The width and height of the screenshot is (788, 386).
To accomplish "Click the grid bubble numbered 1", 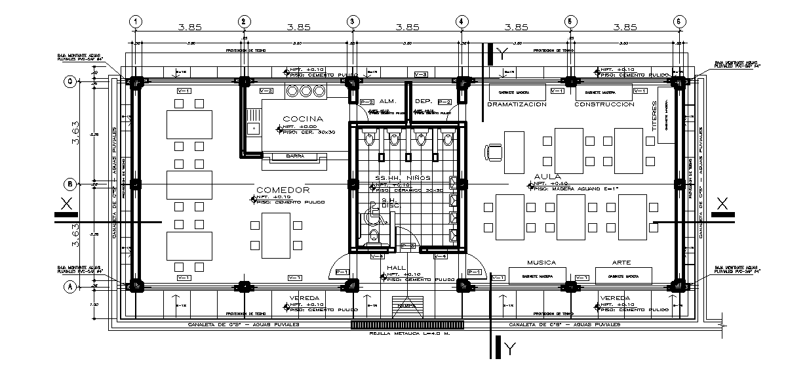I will [x=135, y=21].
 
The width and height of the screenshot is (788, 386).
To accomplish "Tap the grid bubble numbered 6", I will [x=679, y=21].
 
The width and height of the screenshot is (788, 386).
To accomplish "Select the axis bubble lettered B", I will [x=69, y=183].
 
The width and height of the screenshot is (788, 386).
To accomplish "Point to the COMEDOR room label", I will [x=283, y=190].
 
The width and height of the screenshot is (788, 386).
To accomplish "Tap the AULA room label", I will [x=547, y=177].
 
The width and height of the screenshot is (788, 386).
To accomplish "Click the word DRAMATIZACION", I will [x=517, y=104].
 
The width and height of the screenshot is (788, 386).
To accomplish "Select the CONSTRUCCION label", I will [x=604, y=104].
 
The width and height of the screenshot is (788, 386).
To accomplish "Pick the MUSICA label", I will [x=541, y=263].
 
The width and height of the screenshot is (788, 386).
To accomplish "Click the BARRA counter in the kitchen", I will [x=294, y=156].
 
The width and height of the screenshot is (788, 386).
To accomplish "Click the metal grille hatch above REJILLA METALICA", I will [x=407, y=324].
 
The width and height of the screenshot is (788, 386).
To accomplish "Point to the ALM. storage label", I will [x=387, y=102].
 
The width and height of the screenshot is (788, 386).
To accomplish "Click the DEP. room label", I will [x=422, y=102].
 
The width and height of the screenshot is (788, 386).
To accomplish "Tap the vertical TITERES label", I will [x=654, y=117].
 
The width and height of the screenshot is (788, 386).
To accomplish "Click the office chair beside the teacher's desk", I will [x=492, y=152].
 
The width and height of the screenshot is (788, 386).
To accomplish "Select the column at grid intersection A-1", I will [x=136, y=286].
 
